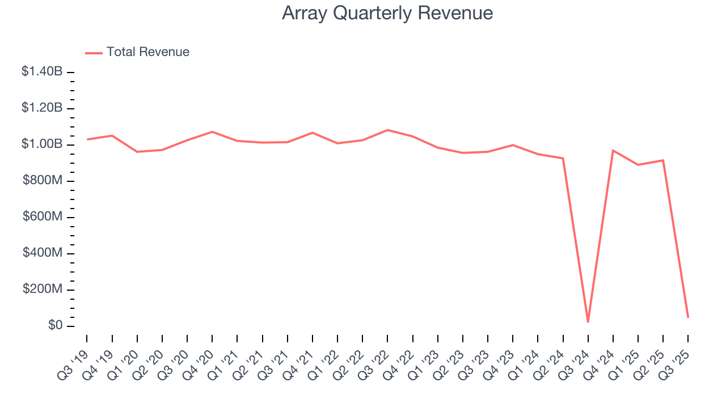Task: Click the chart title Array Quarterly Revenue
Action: click(x=387, y=13)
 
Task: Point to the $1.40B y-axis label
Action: click(x=42, y=72)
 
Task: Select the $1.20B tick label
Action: click(x=42, y=108)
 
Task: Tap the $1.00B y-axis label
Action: click(x=42, y=144)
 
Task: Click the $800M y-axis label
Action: click(x=43, y=181)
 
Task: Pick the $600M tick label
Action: click(x=43, y=217)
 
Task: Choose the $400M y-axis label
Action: click(x=43, y=253)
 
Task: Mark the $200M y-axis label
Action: click(x=43, y=290)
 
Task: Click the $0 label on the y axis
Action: click(x=54, y=326)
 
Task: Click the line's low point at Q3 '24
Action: click(x=588, y=322)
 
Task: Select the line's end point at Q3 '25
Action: click(x=688, y=317)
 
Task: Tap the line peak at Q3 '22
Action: click(x=387, y=130)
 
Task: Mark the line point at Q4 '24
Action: click(x=613, y=150)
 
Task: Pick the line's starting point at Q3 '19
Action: click(x=87, y=139)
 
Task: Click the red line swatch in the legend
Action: click(x=94, y=53)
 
